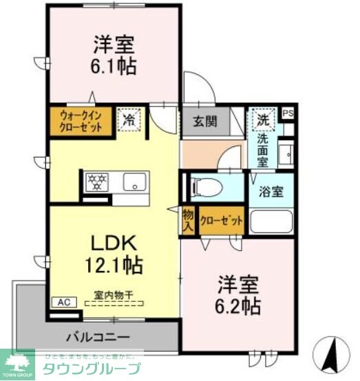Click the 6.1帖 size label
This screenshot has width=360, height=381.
pos(114,67)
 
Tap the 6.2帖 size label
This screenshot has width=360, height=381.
pos(239,305)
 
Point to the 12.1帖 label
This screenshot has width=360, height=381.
pos(114,265)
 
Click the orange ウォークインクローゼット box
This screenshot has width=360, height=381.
pos(81,122)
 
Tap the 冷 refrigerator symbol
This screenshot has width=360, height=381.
pos(129,119)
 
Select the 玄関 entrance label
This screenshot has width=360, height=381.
pos(204,122)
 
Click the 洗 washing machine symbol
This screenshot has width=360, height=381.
pos(263,118)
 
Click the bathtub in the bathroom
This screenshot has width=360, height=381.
pos(271,221)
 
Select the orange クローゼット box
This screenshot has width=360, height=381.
pos(221,221)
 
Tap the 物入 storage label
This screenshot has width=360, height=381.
pos(188,221)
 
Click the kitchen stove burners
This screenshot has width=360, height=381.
pos(97,182)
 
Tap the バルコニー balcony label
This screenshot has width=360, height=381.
pos(98,338)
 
